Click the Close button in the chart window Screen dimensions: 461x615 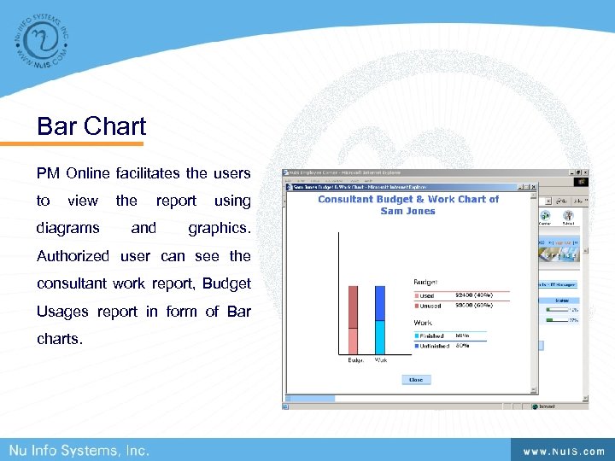coord(415,380)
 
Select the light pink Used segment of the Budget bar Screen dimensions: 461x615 coord(354,341)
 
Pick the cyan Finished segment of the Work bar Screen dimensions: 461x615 coord(380,336)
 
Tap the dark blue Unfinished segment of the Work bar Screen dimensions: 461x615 coord(380,302)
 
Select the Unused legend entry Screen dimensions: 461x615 coord(428,306)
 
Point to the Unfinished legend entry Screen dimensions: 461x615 coord(432,346)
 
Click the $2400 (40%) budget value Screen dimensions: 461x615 coord(483,296)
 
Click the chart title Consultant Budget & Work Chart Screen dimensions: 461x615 coord(408,199)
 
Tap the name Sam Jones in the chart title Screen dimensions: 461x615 coord(407,211)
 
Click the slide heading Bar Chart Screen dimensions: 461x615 coord(91,126)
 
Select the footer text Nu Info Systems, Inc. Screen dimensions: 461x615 coord(79,450)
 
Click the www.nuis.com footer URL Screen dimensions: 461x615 coord(563,451)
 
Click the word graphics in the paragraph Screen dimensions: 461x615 coord(219,229)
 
